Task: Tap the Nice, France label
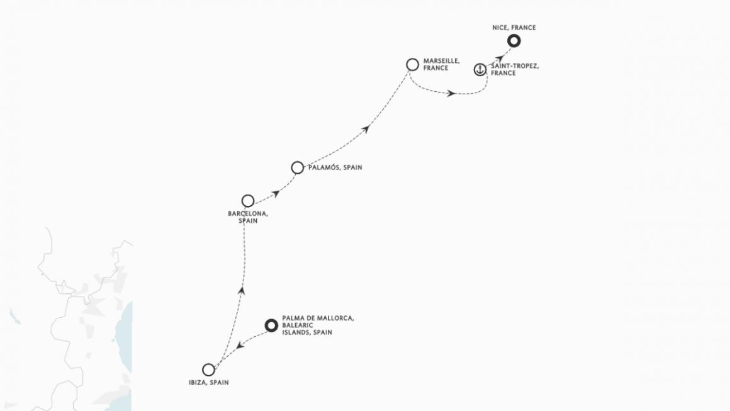tap(514, 28)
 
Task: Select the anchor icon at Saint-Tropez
tap(480, 70)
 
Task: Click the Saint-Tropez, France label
tap(515, 69)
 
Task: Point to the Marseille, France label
tap(441, 64)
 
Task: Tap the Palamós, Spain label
tap(335, 167)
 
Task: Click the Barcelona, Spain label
tap(248, 217)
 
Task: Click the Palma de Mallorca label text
tap(318, 325)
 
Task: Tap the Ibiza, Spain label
tap(208, 383)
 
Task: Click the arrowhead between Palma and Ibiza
tap(240, 345)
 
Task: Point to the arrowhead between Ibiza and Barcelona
tap(241, 291)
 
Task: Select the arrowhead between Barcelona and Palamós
tap(276, 194)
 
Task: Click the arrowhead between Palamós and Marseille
tap(366, 129)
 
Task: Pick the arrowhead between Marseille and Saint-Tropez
tap(451, 94)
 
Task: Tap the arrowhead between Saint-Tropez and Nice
tap(500, 59)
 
